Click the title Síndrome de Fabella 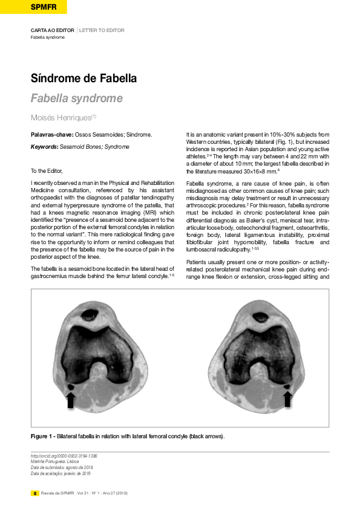point(83,79)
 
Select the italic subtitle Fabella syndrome point(77,99)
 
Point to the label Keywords point(44,147)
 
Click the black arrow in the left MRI point(70,400)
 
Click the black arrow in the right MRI point(287,398)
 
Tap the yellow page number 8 point(35,493)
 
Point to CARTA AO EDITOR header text point(53,30)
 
